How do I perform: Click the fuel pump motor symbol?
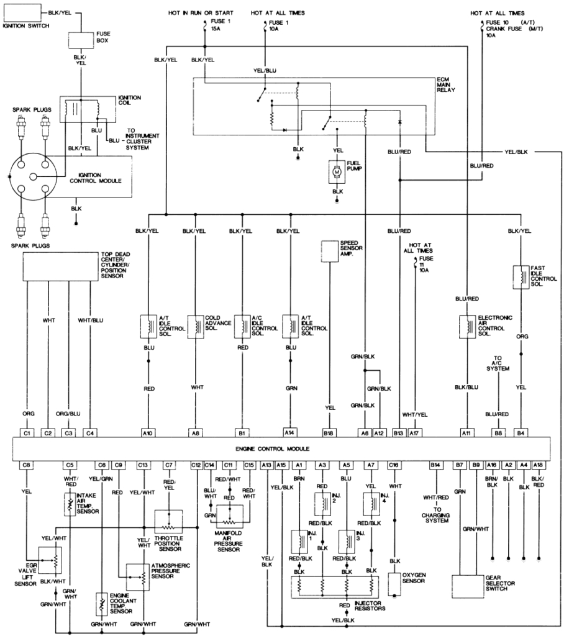(x=337, y=170)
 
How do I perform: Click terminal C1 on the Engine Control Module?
(x=27, y=432)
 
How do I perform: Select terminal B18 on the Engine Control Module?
(x=328, y=432)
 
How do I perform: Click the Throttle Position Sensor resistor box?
(x=168, y=520)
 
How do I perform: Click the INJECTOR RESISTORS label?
(x=370, y=605)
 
